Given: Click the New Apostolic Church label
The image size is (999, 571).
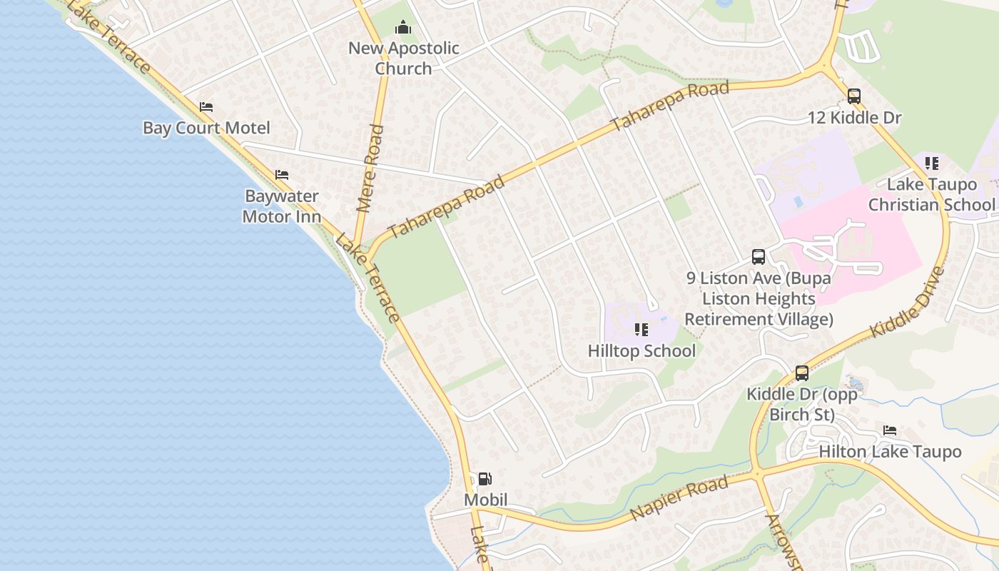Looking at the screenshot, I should tap(404, 59).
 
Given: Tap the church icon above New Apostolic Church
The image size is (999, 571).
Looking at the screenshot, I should tap(403, 28).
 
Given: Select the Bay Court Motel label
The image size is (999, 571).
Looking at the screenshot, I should tap(206, 128).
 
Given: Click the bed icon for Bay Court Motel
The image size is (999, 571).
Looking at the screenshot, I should tap(206, 107).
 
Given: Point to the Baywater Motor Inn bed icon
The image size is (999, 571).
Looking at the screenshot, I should tap(282, 175).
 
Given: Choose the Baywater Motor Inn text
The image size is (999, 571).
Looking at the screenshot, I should tap(282, 206).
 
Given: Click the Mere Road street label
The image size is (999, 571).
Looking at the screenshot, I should tap(370, 168).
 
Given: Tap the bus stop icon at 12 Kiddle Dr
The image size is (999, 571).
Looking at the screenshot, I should tap(854, 96).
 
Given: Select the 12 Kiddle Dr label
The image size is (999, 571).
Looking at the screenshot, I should tap(855, 118).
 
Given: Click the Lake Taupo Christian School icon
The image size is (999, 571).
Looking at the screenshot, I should tap(931, 163).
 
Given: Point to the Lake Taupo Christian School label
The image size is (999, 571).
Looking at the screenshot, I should tap(931, 194).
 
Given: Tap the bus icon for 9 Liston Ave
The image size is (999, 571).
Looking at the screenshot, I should tap(759, 257).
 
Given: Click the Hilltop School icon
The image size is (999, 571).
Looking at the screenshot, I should tap(642, 330).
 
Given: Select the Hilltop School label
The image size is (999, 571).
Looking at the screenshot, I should tap(642, 351).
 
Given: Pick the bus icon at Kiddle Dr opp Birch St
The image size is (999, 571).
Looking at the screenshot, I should tap(802, 373).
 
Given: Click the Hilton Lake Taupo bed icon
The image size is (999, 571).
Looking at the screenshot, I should tap(890, 430).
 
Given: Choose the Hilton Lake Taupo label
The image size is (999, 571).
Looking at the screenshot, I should tap(890, 452).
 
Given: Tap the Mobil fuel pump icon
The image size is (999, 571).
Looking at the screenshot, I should tap(485, 479).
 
